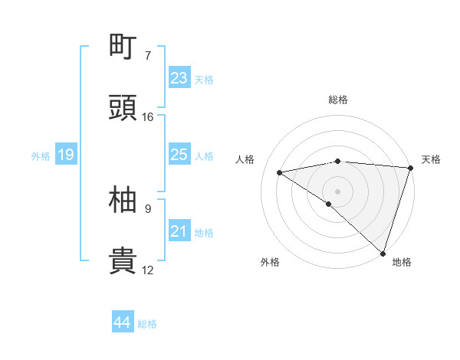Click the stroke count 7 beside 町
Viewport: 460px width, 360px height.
click(x=147, y=56)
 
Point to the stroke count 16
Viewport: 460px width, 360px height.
click(x=147, y=117)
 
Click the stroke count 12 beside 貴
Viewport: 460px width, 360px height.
click(x=147, y=270)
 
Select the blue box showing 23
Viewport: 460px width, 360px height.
click(x=179, y=78)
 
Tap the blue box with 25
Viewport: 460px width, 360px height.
click(x=179, y=155)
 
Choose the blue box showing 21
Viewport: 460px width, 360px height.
click(x=179, y=231)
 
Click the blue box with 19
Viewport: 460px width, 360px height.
click(x=66, y=155)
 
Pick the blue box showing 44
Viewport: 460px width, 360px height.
click(x=123, y=323)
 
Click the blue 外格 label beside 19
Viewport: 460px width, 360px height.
click(x=41, y=156)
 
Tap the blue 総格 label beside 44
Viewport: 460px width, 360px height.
click(x=147, y=324)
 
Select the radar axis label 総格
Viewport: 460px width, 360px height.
click(x=337, y=100)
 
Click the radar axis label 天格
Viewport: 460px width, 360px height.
click(x=431, y=159)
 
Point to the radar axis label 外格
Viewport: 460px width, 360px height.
click(x=269, y=262)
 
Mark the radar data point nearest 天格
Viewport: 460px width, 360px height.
click(x=411, y=168)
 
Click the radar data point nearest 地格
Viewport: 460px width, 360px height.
click(x=382, y=253)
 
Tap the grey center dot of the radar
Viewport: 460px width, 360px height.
click(x=337, y=191)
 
